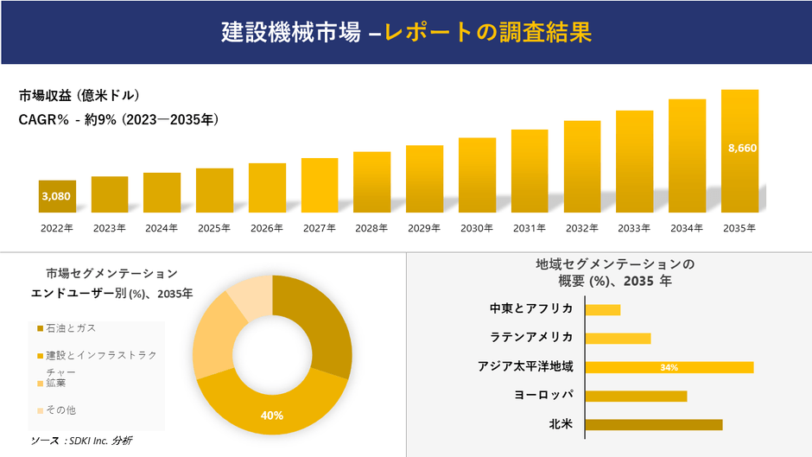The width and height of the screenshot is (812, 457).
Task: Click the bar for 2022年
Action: pos(57,197)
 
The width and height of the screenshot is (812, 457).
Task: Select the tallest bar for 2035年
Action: pos(739,151)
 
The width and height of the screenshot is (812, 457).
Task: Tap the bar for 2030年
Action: pos(477,175)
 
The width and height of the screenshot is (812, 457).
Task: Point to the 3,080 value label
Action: pos(56,196)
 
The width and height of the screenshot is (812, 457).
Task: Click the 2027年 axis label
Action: pos(320,228)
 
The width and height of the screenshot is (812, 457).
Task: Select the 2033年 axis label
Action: pos(634,228)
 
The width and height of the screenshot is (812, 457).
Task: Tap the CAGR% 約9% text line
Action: pos(118,120)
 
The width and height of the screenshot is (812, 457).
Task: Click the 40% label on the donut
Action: pos(272,416)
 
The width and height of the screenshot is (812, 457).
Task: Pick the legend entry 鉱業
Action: pos(55,382)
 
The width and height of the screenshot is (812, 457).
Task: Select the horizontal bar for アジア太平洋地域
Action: pos(669,367)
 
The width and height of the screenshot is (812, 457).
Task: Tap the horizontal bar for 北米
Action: pos(653,424)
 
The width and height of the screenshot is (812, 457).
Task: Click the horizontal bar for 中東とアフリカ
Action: pos(603,309)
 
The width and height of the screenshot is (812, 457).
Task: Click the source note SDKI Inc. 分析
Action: pos(81,441)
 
